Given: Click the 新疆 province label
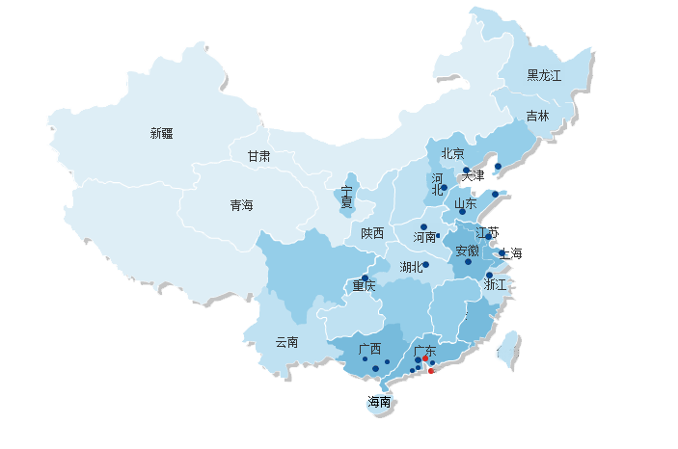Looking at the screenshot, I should [x=161, y=134].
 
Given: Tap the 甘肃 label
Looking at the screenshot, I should [x=258, y=156].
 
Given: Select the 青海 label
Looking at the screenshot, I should [x=242, y=205].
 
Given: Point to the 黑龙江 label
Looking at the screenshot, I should [x=544, y=75].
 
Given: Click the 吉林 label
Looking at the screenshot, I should [x=537, y=116].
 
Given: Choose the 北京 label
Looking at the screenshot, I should [x=453, y=153].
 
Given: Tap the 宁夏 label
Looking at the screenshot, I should [x=346, y=197].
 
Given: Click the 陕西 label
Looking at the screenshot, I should [x=372, y=233].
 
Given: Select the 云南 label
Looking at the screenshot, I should [x=286, y=342].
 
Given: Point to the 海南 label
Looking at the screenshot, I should [x=379, y=402].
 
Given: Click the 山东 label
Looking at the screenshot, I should [x=466, y=203].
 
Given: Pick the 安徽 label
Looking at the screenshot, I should [x=467, y=251].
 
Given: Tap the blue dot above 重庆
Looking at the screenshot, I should [x=365, y=277].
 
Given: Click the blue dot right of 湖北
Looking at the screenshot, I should [x=425, y=264].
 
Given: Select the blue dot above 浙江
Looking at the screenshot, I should [x=489, y=275].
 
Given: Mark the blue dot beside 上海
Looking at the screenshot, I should [x=502, y=252].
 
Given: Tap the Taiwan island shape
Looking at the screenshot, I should [x=508, y=350].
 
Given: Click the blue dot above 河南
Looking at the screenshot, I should [x=423, y=226].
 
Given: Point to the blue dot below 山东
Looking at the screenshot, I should [x=462, y=212].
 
